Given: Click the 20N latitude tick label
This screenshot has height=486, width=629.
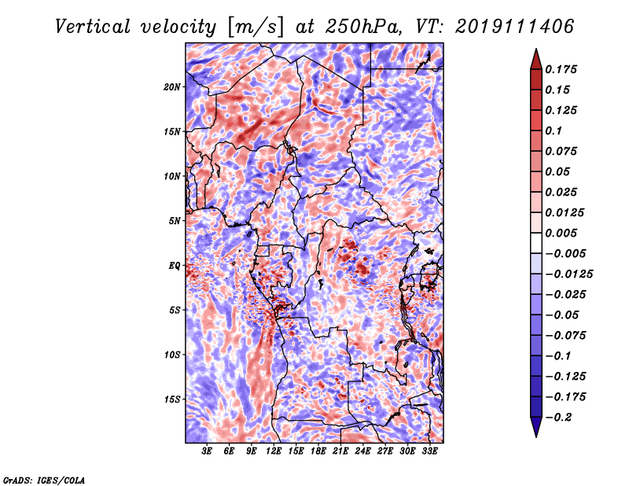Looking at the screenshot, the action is (171, 87).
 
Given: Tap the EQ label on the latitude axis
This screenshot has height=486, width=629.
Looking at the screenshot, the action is (174, 266).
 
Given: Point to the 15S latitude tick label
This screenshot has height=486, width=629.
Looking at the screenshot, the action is (171, 399).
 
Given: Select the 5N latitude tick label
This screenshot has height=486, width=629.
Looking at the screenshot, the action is (174, 221).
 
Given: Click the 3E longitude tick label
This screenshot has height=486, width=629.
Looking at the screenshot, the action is (207, 451).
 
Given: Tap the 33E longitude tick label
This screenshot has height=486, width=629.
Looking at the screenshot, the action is (429, 451).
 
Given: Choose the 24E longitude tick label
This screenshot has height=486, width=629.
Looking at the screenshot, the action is (362, 451).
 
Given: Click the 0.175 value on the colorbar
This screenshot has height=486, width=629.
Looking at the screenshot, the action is (561, 69).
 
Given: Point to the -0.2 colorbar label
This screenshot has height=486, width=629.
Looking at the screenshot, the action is (558, 418).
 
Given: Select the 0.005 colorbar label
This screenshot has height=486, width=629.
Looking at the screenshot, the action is (561, 233).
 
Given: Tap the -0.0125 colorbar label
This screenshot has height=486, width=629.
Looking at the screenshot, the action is (568, 274).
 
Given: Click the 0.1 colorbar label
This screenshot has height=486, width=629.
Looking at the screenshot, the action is (554, 131).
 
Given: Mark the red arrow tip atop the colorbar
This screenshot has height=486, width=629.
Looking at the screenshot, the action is (536, 50).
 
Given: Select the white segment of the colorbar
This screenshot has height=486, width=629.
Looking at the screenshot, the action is (536, 243).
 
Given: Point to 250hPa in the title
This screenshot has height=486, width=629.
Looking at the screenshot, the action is (363, 27).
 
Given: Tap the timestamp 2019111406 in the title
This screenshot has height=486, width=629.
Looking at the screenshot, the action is (515, 27).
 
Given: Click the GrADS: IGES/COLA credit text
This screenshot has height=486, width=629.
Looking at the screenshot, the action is (44, 480).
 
